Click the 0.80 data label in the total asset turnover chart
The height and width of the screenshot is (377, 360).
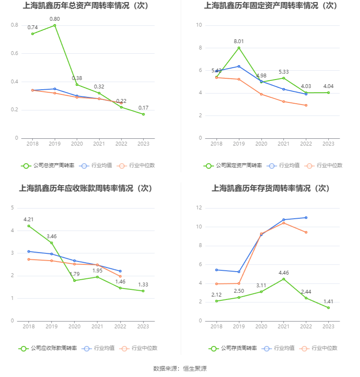(55, 19)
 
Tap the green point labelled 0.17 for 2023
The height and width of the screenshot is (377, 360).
(144, 114)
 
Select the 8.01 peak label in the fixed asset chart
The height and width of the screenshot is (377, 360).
(239, 41)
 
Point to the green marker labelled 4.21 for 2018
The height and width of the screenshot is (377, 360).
(29, 226)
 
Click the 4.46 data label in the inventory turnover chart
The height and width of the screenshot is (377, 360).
(284, 272)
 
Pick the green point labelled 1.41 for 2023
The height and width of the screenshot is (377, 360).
(328, 308)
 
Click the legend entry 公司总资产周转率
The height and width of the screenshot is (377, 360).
(48, 165)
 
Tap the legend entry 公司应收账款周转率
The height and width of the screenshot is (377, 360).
(48, 348)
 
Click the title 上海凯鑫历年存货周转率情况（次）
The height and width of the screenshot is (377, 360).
(271, 188)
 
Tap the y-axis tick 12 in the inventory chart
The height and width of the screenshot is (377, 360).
(199, 208)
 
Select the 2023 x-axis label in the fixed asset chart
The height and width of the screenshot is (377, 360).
(328, 144)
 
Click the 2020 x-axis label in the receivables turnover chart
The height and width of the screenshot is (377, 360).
(75, 326)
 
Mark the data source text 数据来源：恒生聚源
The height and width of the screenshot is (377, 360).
(180, 369)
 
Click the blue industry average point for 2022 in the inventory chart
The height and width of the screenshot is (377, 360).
(306, 217)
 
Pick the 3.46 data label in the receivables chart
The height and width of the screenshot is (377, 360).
(52, 236)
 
